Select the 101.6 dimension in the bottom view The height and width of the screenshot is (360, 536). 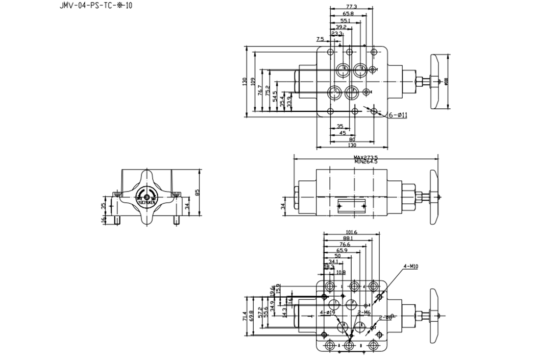[x=351, y=232]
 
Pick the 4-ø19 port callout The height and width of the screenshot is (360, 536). [x=327, y=312]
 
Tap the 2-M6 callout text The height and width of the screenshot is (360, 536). [x=363, y=312]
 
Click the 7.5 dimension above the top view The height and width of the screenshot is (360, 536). [x=320, y=39]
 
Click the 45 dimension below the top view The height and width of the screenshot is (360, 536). [x=343, y=133]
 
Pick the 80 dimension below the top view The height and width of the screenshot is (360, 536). [x=352, y=139]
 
